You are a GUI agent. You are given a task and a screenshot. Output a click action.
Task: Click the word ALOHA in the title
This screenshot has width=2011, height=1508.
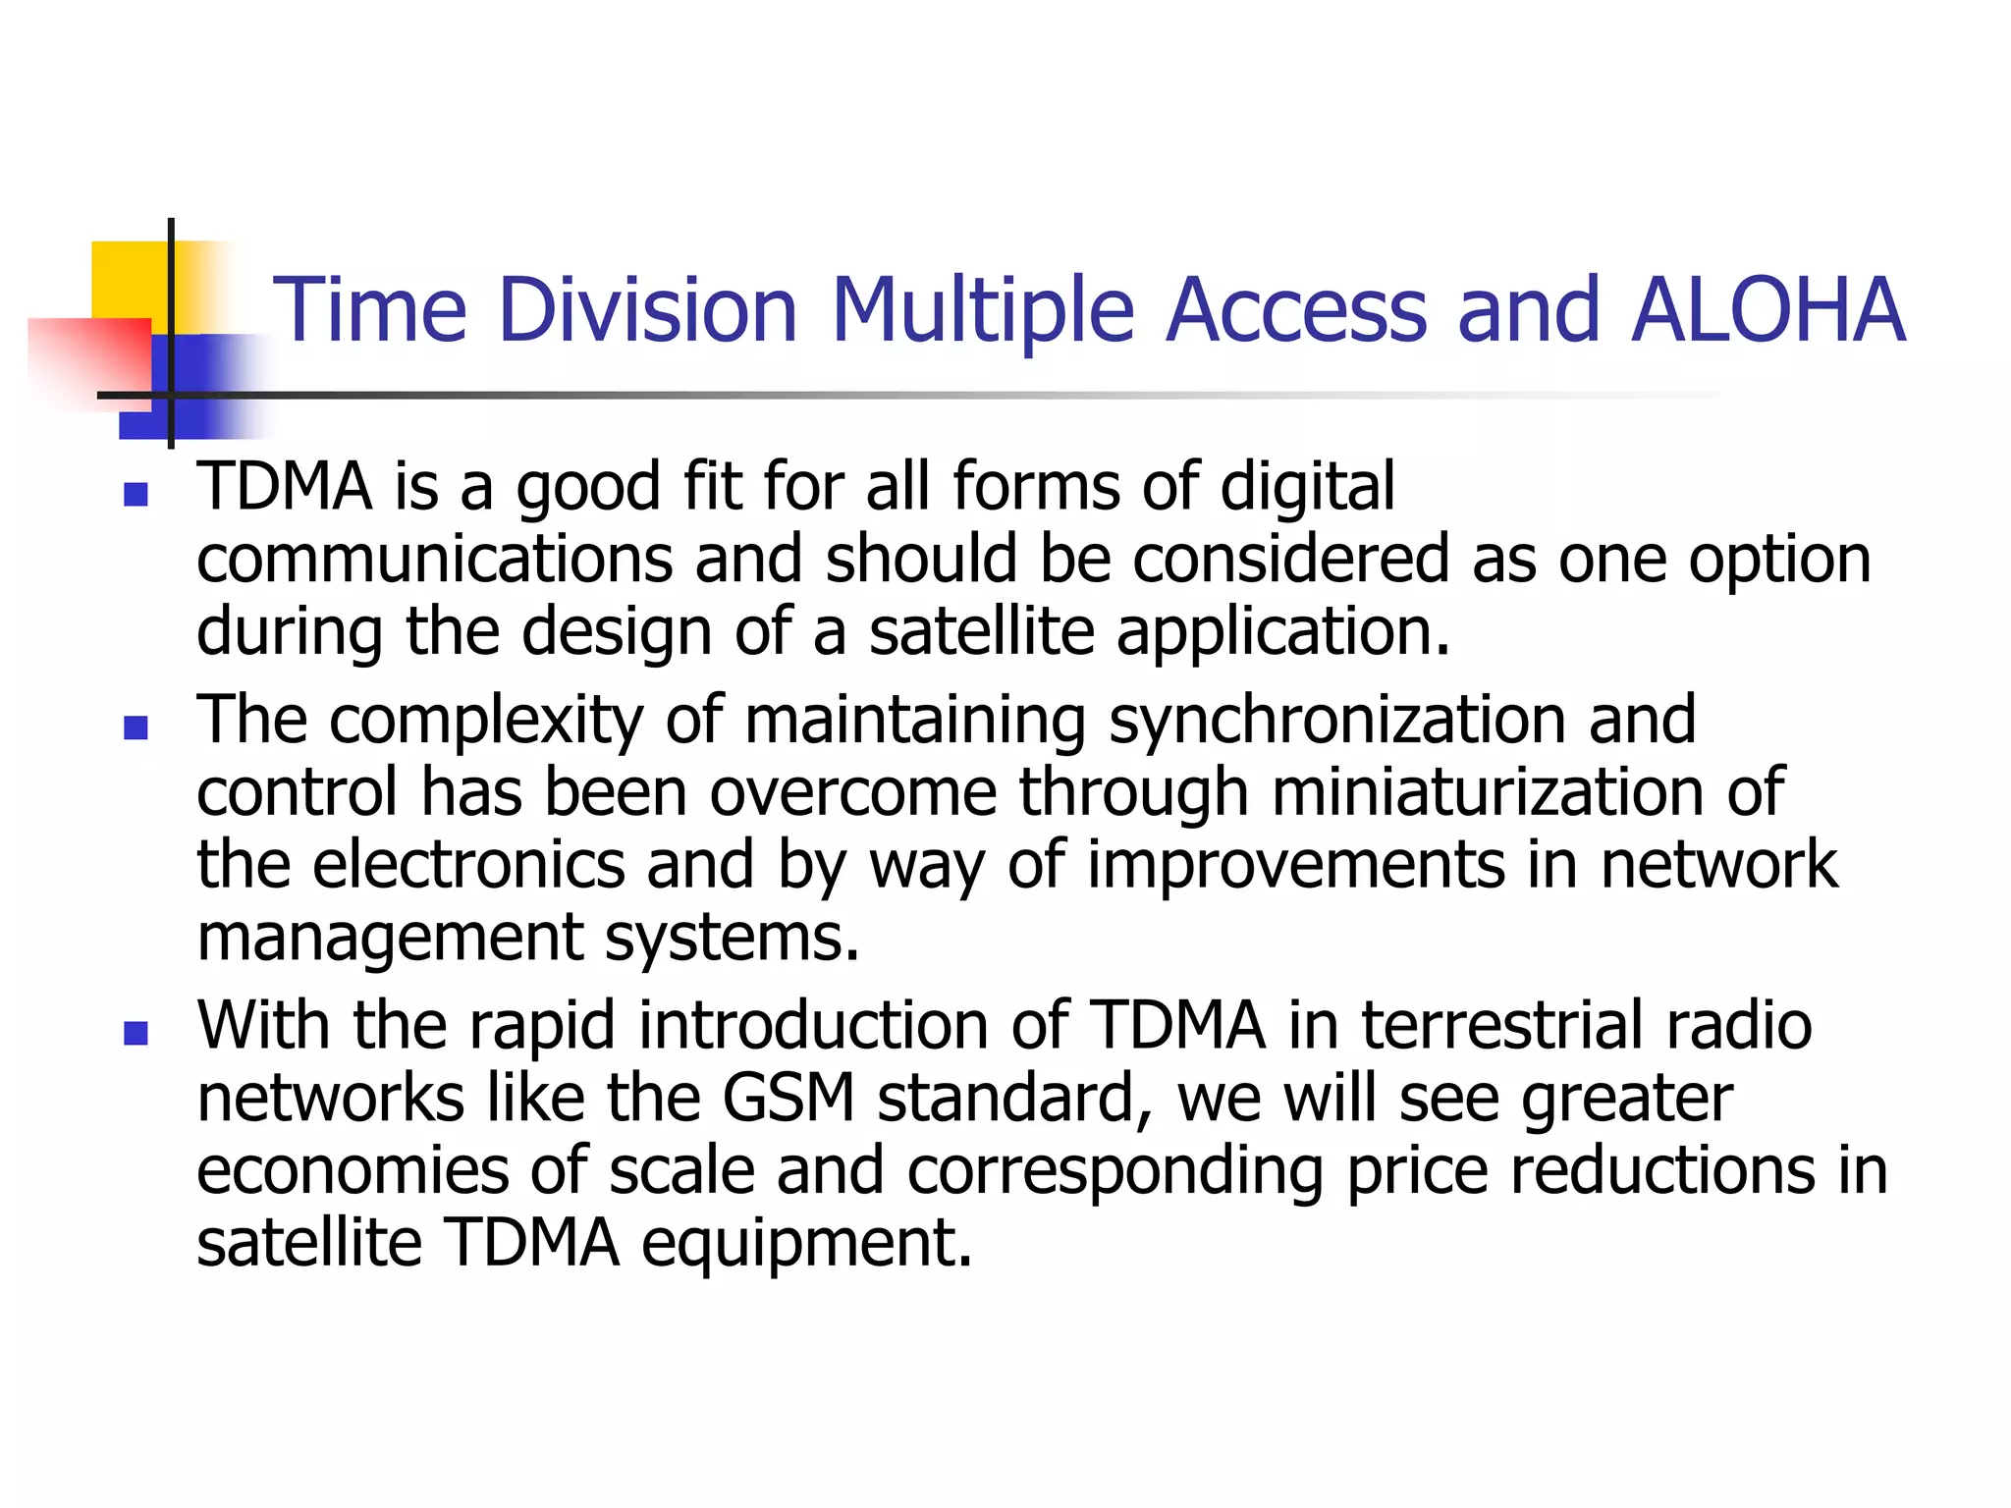point(1767,310)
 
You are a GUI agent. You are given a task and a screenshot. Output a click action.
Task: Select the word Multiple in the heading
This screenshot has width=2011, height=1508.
point(983,310)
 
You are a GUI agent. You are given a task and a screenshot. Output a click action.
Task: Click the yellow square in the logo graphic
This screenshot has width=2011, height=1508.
point(128,280)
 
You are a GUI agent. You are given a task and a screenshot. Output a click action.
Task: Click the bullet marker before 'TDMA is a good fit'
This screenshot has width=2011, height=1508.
point(136,494)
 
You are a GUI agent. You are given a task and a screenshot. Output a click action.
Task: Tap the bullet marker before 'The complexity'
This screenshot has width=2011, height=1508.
point(136,727)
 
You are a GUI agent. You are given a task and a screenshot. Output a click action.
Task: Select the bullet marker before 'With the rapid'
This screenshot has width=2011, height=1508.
point(136,1033)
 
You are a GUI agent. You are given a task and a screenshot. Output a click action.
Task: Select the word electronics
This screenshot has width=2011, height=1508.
point(468,865)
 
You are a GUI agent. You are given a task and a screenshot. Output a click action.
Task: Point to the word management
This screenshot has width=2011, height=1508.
point(390,938)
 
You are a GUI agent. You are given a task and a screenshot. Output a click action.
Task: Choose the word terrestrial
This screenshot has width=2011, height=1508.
point(1501,1025)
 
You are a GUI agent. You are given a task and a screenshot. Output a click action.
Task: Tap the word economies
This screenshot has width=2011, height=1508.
point(353,1170)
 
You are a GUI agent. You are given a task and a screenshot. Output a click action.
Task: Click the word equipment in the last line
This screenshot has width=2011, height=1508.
point(806,1243)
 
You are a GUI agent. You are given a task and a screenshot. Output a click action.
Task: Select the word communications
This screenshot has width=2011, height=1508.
point(435,559)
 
